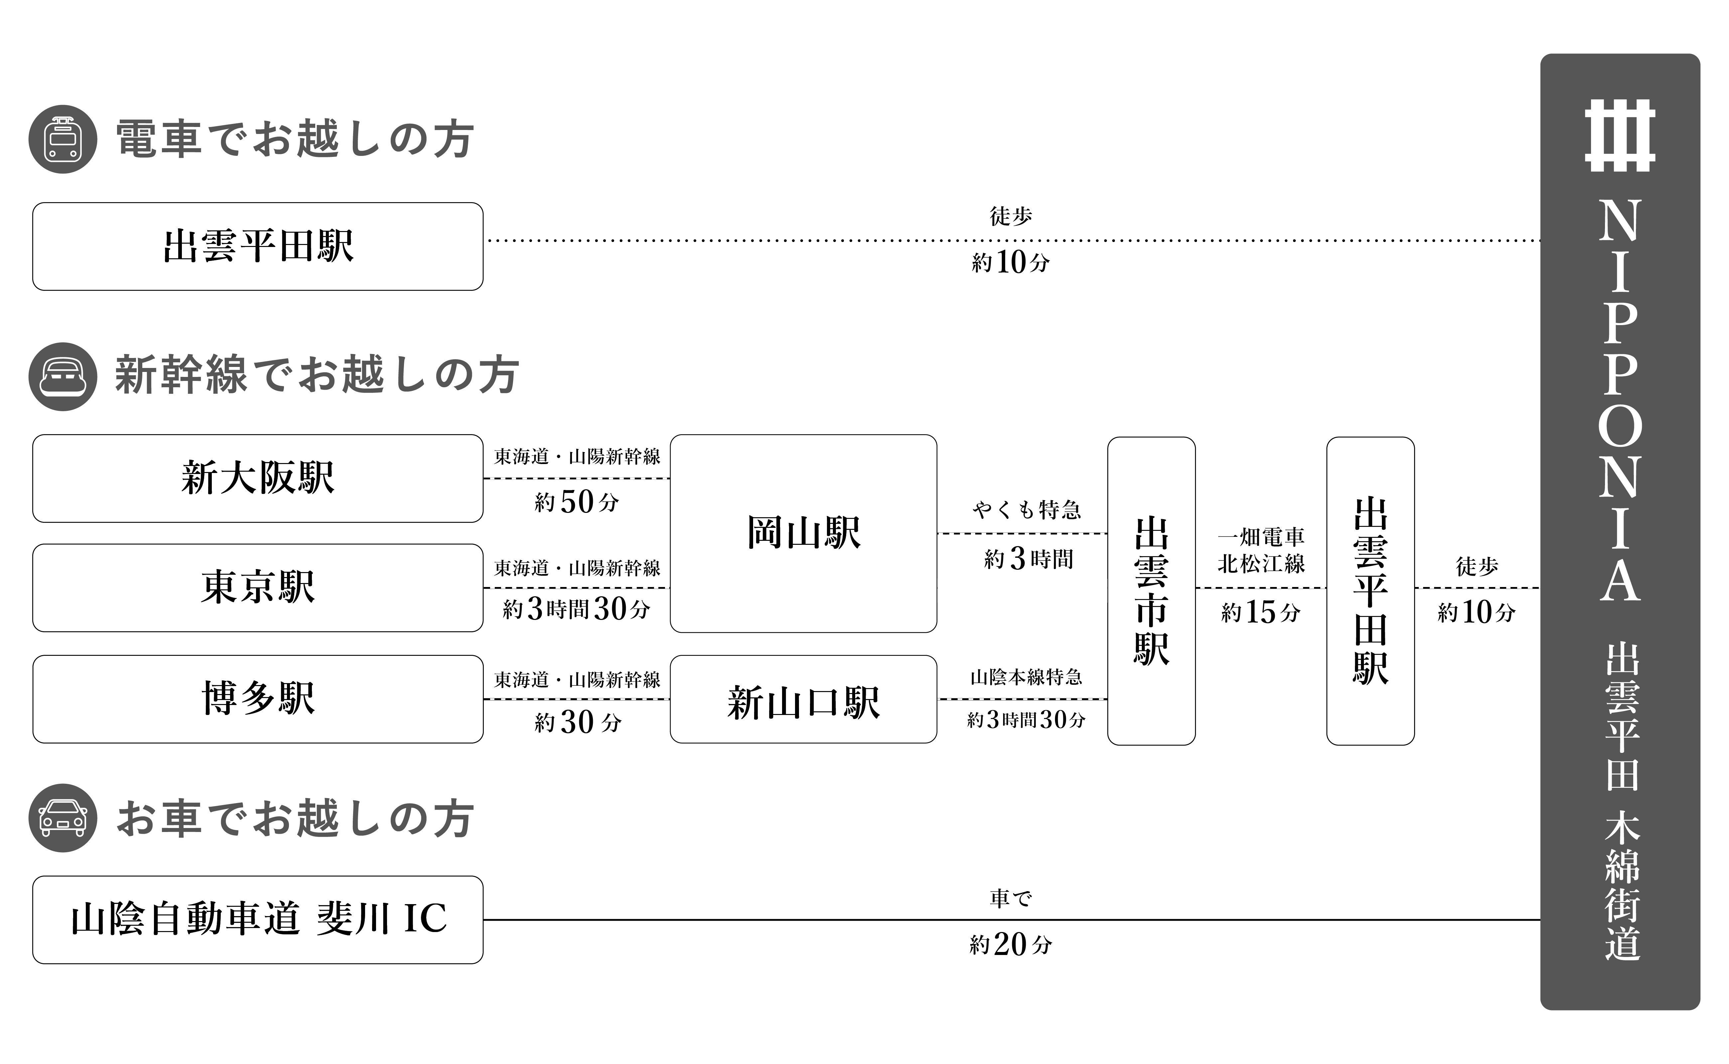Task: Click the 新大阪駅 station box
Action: click(x=258, y=479)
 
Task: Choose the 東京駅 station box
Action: click(x=258, y=588)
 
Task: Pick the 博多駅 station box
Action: click(x=258, y=699)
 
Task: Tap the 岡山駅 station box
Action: click(x=804, y=533)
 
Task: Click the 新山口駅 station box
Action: click(x=804, y=699)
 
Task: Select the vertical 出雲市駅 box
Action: click(x=1151, y=591)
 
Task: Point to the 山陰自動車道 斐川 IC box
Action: click(x=258, y=920)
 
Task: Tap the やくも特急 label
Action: click(x=1027, y=510)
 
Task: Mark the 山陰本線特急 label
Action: click(x=1026, y=677)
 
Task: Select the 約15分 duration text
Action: click(x=1260, y=612)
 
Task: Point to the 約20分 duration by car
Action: click(x=1010, y=944)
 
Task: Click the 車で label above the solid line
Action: click(x=1010, y=898)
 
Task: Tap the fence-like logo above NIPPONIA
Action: click(x=1620, y=135)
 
